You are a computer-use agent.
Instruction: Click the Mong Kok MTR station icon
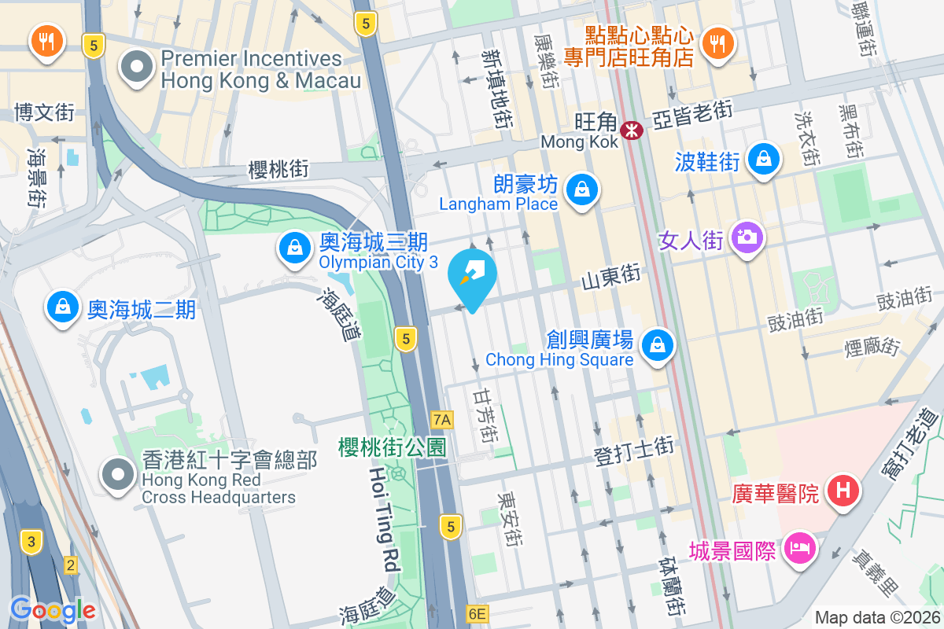(631, 130)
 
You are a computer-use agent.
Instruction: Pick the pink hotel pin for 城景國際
(800, 548)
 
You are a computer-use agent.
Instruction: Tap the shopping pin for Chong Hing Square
(658, 345)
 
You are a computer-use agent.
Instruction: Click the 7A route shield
(442, 419)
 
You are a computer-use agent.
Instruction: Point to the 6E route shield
(478, 613)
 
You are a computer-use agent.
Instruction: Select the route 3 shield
(31, 541)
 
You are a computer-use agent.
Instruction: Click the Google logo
(53, 610)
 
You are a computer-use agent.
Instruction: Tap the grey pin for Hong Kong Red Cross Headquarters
(119, 474)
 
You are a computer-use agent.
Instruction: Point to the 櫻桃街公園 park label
(392, 447)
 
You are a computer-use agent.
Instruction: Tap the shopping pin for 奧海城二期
(61, 307)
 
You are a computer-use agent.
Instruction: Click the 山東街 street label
(610, 278)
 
